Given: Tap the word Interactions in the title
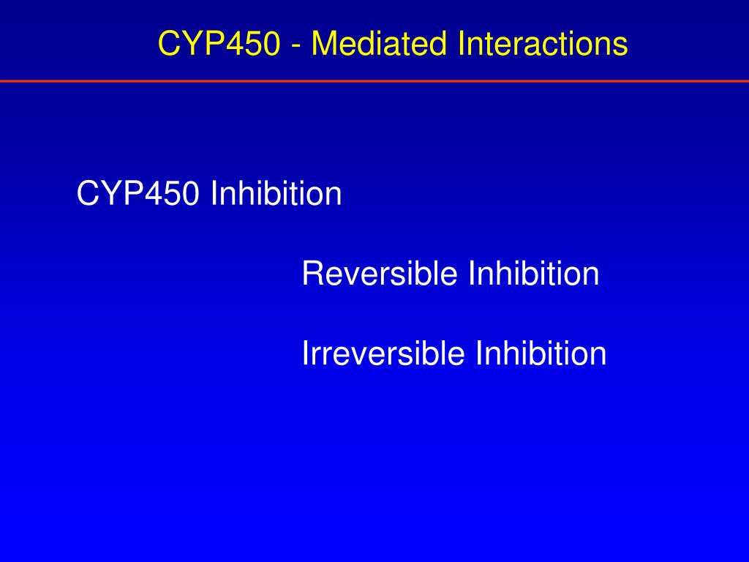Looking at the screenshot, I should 543,44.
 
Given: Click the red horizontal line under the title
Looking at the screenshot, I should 374,80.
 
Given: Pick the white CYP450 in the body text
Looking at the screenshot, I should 138,194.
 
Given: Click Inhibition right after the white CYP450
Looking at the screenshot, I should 276,194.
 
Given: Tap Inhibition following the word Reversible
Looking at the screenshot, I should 533,274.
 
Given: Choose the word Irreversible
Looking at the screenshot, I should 383,353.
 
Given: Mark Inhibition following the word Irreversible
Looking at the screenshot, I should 541,353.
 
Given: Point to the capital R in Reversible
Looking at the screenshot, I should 312,274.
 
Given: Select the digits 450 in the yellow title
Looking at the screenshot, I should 257,44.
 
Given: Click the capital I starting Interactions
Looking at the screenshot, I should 462,44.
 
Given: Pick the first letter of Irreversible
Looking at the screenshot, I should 305,353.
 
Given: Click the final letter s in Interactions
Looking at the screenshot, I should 621,45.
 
